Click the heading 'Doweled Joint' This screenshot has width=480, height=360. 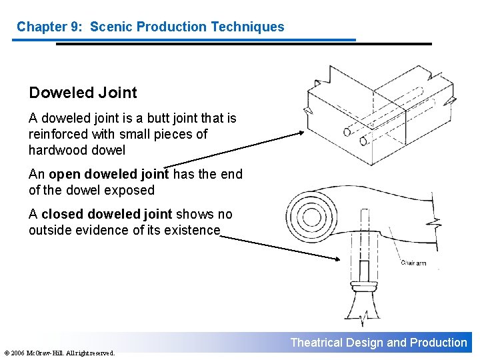coord(83,93)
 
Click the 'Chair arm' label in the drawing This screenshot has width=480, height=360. coord(413,263)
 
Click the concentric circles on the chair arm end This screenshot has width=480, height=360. coord(309,216)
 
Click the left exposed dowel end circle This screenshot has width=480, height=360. coord(347,131)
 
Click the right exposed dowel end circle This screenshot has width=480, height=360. coord(363,141)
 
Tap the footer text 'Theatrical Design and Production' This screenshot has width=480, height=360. coord(379,343)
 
